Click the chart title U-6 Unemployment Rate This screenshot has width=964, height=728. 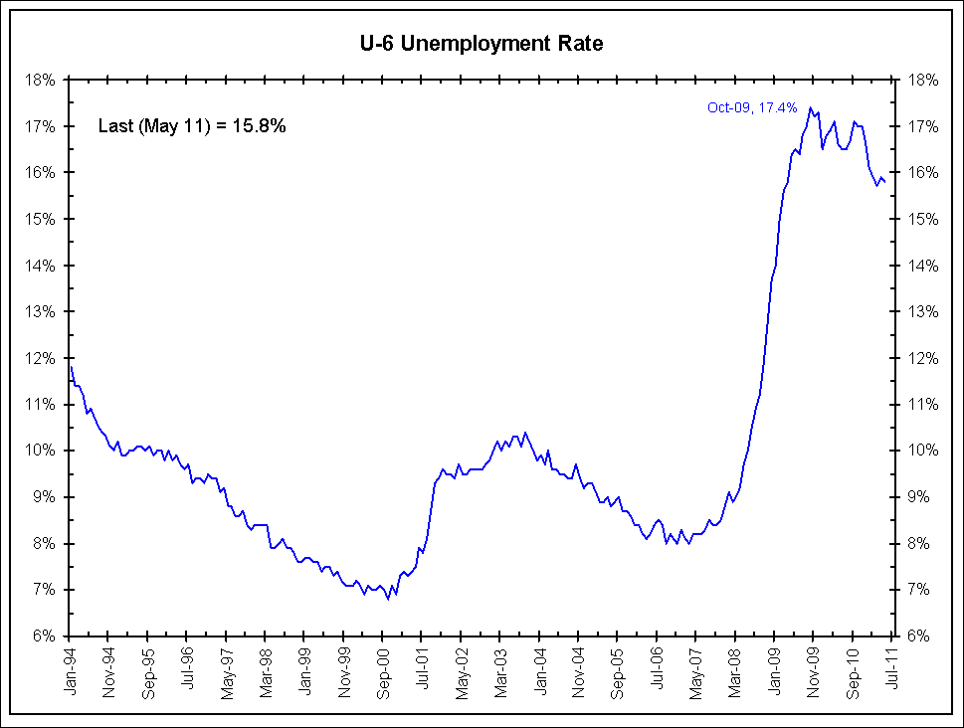[x=482, y=43]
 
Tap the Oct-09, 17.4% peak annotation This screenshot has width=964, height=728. [x=752, y=107]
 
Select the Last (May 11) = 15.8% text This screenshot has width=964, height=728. [x=192, y=126]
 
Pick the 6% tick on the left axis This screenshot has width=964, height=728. [x=49, y=636]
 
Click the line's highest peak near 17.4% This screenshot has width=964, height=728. [x=810, y=107]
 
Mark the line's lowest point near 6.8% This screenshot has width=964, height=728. [x=388, y=599]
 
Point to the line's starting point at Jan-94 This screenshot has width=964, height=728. [x=71, y=367]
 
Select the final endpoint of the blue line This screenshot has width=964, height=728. [x=885, y=182]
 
